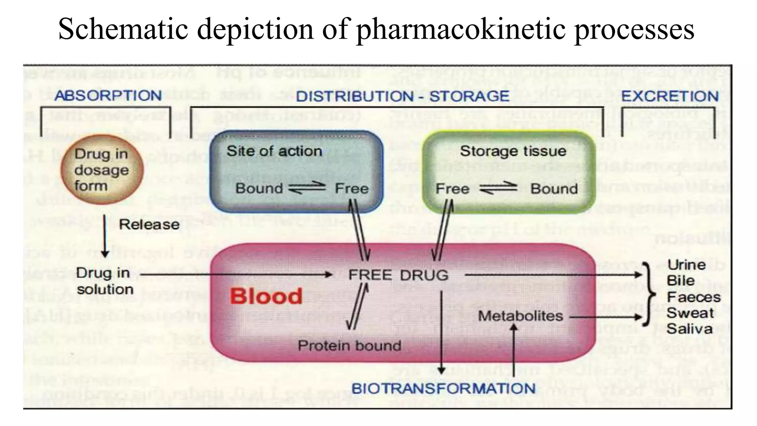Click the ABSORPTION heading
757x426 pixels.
pos(108,95)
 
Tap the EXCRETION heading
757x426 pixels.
pos(670,96)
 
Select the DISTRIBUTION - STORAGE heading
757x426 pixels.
pos(403,96)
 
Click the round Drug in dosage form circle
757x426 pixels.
pos(102,170)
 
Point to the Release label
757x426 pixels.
pos(149,224)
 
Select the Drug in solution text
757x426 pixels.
pos(104,281)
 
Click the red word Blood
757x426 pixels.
pos(266,296)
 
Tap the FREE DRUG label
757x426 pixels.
pos(398,275)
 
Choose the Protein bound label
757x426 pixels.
pos(349,345)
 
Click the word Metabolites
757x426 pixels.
pos(520,316)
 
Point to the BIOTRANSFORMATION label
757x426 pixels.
pos(443,388)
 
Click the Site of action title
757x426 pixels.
pos(274,151)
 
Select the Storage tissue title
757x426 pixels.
pos(513,151)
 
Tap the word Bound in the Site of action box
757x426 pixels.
pos(259,188)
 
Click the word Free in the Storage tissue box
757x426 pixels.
pos(452,189)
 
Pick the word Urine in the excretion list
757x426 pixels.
pos(686,265)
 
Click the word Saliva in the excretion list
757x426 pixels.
pos(689,329)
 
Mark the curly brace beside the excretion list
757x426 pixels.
pos(648,295)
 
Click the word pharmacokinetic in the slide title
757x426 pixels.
pos(460,30)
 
